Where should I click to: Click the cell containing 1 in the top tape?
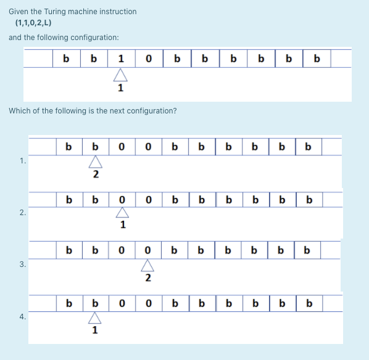click(x=120, y=59)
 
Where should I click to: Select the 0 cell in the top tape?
click(x=149, y=59)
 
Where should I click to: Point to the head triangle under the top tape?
click(x=120, y=75)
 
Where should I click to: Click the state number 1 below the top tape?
click(x=120, y=88)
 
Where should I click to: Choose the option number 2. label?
click(x=23, y=212)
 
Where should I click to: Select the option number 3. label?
click(x=23, y=264)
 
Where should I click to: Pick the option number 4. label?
click(x=23, y=317)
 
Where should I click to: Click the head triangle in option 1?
click(x=95, y=162)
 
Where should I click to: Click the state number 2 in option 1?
click(x=95, y=174)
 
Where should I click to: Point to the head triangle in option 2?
click(x=122, y=213)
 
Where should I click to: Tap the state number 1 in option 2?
click(x=123, y=225)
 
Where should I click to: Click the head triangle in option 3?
click(x=148, y=265)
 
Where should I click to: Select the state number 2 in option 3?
click(x=148, y=278)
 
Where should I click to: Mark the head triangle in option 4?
click(x=94, y=317)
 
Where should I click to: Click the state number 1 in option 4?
click(x=94, y=330)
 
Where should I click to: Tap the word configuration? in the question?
click(x=149, y=111)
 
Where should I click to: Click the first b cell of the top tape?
click(x=67, y=59)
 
